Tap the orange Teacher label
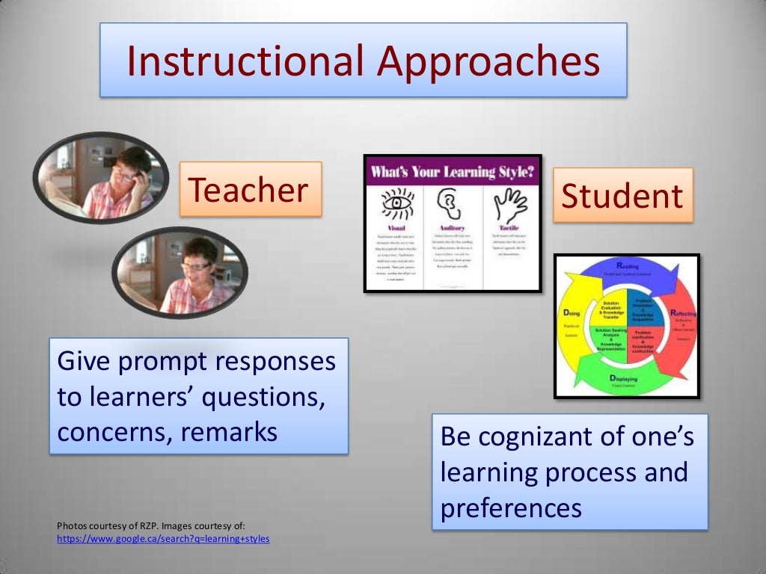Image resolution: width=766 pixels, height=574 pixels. [x=250, y=190]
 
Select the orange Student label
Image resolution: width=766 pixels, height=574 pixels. [x=622, y=195]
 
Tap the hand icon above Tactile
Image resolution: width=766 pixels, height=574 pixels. [x=509, y=203]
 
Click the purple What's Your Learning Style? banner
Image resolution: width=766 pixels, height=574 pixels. [x=452, y=171]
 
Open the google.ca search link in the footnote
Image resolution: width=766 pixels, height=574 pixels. [x=163, y=538]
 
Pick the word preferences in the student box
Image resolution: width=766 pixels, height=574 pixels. [x=511, y=508]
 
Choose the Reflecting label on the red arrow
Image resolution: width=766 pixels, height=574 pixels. [x=683, y=314]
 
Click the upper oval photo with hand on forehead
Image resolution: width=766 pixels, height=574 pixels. [x=102, y=176]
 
